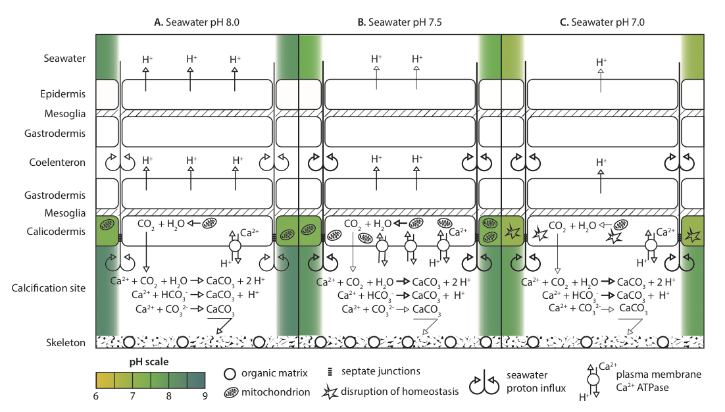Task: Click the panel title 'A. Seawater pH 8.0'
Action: click(197, 22)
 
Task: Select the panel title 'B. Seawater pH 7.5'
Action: click(399, 22)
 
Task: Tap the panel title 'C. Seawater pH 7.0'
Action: click(602, 22)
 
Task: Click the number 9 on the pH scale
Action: click(205, 396)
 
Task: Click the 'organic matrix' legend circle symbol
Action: click(229, 374)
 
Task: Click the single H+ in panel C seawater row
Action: click(601, 63)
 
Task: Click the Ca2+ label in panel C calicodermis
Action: click(666, 232)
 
